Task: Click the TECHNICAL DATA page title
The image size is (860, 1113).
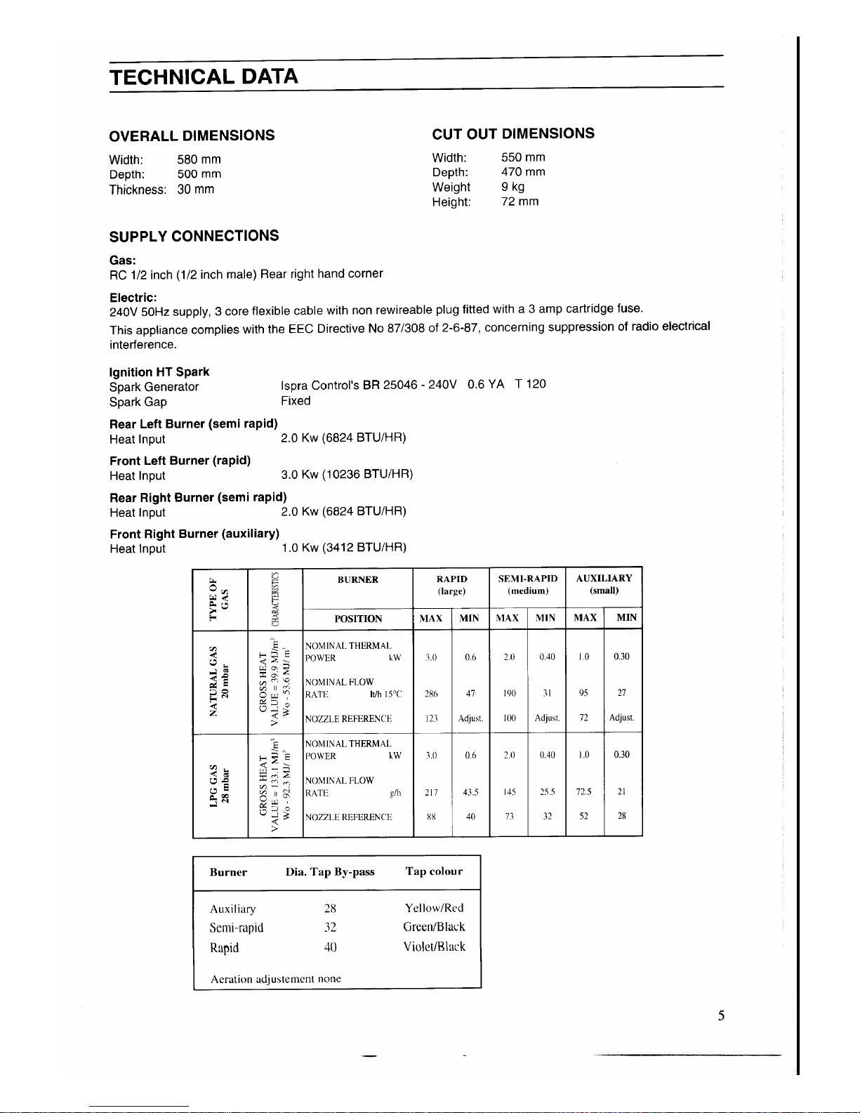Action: click(x=204, y=76)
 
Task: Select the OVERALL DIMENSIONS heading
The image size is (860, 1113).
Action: click(x=192, y=135)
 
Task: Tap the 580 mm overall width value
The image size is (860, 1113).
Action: click(x=199, y=159)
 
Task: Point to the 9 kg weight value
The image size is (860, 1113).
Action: click(x=512, y=187)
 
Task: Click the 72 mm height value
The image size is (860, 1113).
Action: click(x=520, y=202)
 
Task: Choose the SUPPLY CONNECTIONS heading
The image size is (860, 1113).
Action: click(x=194, y=236)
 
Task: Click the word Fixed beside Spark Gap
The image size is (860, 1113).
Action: click(x=296, y=401)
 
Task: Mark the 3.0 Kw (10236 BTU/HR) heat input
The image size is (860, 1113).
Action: click(x=346, y=475)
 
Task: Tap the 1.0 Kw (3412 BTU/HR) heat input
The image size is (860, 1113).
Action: click(x=343, y=548)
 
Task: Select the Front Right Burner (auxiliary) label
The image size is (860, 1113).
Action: click(x=194, y=534)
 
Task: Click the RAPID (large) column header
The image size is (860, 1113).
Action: click(x=451, y=584)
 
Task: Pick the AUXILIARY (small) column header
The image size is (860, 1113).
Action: click(x=604, y=584)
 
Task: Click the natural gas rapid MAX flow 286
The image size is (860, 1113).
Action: click(x=431, y=694)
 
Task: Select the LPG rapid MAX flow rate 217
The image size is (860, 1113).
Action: click(x=431, y=792)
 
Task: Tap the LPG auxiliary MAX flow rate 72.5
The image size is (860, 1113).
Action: click(x=584, y=792)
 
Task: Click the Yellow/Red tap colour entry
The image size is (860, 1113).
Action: click(x=434, y=908)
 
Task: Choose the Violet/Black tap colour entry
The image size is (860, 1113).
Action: click(x=434, y=947)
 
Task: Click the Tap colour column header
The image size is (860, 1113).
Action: click(x=434, y=871)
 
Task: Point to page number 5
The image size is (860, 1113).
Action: click(x=721, y=1015)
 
